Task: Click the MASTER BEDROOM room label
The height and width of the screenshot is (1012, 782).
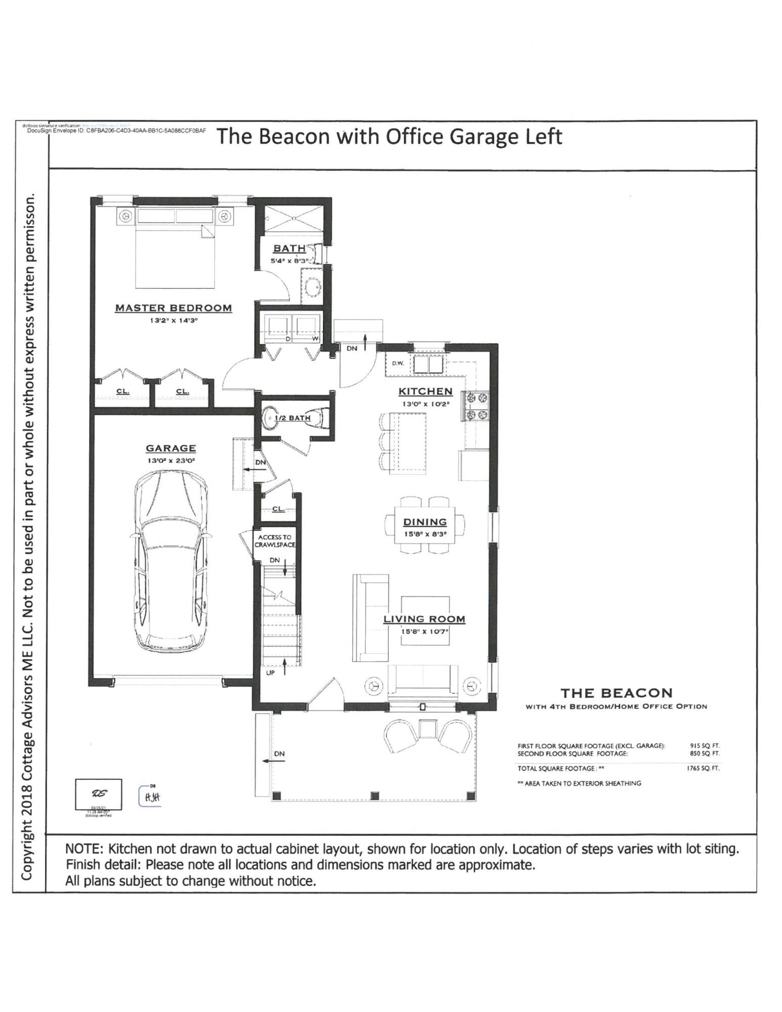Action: pos(173,308)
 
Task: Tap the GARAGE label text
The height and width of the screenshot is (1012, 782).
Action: pos(171,448)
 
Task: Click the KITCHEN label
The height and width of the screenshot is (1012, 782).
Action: pos(425,391)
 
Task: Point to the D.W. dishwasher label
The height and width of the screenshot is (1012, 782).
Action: pos(397,363)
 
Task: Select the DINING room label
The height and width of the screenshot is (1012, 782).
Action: pos(425,522)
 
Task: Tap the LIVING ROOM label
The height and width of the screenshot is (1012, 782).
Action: pos(424,618)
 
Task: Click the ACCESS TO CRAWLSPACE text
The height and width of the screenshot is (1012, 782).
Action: pos(274,541)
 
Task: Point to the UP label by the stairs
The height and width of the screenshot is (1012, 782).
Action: pos(270,673)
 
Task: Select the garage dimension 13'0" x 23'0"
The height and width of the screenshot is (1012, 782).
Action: pos(171,460)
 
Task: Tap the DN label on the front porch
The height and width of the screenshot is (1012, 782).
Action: pos(279,753)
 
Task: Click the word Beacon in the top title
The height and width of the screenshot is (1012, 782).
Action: pos(294,137)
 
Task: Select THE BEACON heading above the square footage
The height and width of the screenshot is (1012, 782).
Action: pos(616,693)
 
